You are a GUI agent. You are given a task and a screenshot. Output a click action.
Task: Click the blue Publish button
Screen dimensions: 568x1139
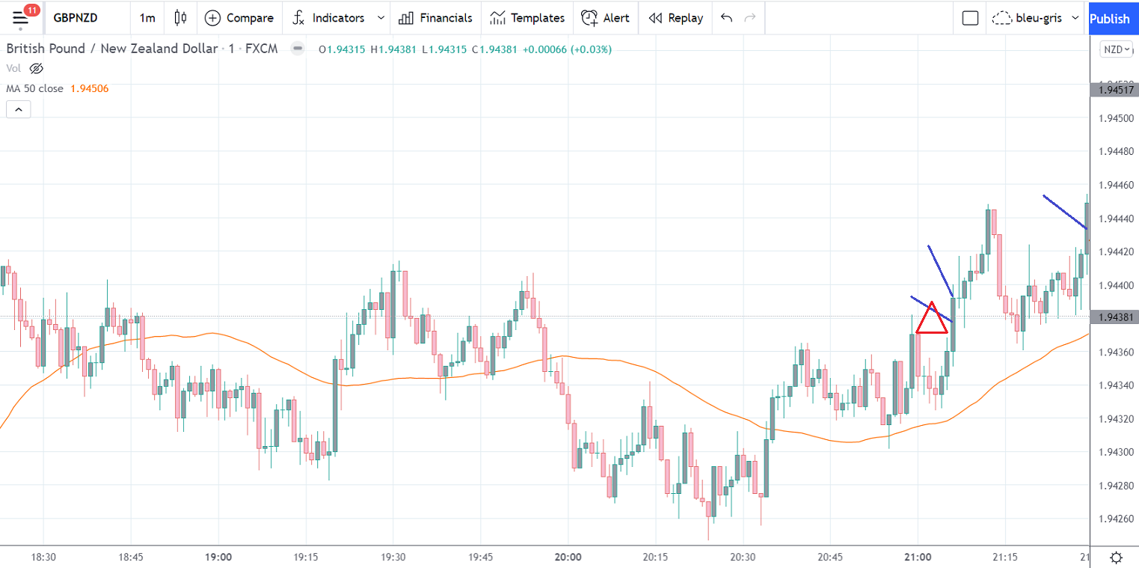(1110, 18)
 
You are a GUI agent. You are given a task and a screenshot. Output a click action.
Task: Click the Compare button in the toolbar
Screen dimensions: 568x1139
(239, 18)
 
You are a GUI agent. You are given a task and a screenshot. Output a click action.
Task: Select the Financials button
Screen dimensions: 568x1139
(436, 18)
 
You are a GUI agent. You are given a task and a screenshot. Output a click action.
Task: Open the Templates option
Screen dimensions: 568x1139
(527, 18)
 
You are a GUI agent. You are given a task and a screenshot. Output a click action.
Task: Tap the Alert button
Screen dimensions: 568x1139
(606, 18)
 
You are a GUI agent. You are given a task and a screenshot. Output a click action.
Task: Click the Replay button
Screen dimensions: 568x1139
(676, 18)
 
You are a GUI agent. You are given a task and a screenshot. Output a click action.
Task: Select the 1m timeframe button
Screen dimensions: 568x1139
(147, 18)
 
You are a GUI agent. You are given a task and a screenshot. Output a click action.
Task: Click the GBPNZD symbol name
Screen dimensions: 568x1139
(75, 18)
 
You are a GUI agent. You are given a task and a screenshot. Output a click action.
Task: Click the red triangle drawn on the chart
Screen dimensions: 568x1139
(932, 320)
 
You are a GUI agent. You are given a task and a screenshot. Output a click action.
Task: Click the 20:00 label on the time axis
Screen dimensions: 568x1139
(568, 557)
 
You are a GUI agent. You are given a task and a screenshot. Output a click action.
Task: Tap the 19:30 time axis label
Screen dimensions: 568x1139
(393, 557)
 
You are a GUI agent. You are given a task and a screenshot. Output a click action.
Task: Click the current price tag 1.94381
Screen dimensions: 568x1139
(1114, 317)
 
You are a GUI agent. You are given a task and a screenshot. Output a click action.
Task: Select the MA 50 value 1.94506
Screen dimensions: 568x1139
(89, 88)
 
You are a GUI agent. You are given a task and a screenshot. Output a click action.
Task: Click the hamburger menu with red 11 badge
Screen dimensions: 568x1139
(22, 18)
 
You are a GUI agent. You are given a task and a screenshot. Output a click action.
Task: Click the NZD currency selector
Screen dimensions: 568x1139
(1117, 49)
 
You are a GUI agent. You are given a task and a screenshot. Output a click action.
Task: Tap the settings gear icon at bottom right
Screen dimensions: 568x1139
(1116, 557)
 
